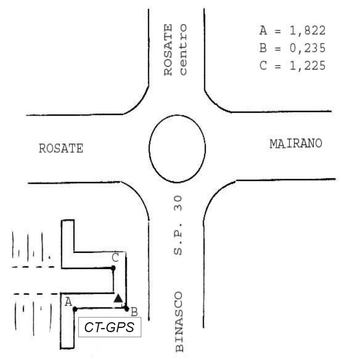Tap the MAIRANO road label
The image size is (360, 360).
296,144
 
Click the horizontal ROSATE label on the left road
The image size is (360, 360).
61,148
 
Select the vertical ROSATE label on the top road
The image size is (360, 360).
168,50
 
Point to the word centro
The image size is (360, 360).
183,50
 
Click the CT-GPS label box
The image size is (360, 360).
109,328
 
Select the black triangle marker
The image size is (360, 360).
118,298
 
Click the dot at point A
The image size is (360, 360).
75,309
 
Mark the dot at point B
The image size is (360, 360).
126,309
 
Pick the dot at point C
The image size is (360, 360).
113,269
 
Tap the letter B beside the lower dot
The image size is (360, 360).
134,311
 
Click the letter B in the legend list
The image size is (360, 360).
263,49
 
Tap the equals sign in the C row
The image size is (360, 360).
278,66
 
